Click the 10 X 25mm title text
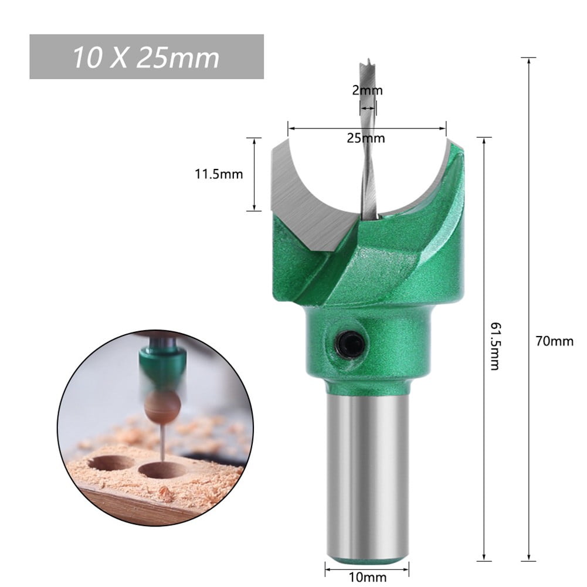146,57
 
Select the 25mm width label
365,138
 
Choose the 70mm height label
554,341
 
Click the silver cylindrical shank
367,475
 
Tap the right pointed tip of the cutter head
450,141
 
